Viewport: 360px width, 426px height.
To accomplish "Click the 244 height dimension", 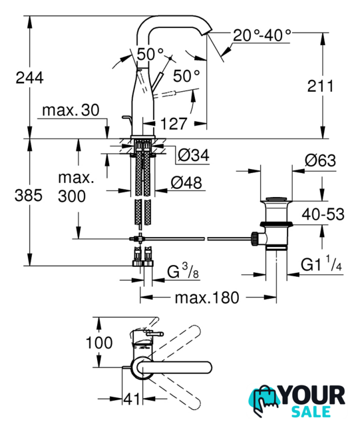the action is [29, 78].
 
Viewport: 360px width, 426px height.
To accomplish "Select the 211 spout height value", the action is [320, 86].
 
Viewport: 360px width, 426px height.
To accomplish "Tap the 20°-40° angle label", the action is [262, 35].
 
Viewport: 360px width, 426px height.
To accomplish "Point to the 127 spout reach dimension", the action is [174, 124].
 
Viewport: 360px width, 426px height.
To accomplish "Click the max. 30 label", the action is [71, 110].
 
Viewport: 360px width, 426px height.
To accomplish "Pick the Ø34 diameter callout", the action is [194, 155].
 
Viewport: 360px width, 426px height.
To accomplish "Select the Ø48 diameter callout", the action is [186, 182].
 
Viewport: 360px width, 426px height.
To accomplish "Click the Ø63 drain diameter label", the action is [320, 160].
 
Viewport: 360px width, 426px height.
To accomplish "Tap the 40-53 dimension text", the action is [323, 214].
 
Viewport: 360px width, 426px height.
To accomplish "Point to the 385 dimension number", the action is [29, 195].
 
